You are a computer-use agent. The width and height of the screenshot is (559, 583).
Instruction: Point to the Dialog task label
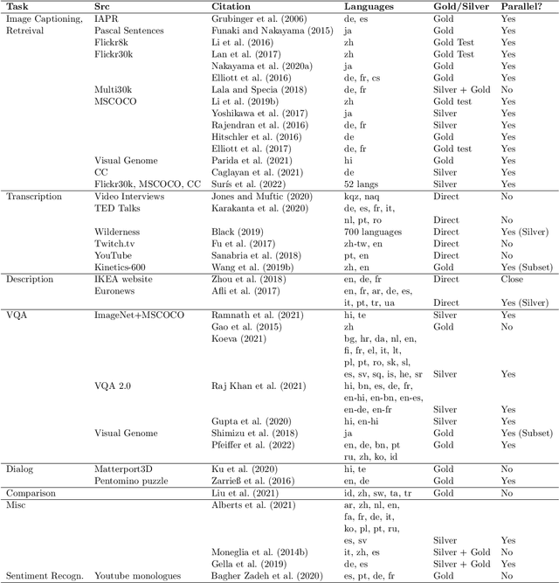[x=21, y=469]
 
